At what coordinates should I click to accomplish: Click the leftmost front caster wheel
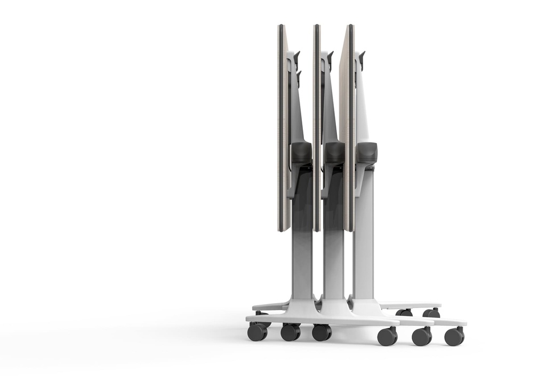[257, 332]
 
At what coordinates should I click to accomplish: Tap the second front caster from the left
[290, 332]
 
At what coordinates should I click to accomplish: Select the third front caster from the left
[322, 332]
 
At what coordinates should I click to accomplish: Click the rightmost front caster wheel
[454, 336]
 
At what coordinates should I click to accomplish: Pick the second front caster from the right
[421, 336]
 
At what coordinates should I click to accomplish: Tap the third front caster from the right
[387, 336]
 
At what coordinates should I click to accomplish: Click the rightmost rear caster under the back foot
[432, 313]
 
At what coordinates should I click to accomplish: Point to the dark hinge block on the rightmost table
[367, 153]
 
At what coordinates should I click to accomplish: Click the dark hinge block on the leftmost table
[301, 153]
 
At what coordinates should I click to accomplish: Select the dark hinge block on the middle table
[334, 153]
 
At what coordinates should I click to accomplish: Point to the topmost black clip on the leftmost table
[296, 58]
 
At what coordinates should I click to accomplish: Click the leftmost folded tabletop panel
[283, 128]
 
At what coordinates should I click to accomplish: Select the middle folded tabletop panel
[317, 128]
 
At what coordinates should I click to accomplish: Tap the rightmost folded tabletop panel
[347, 128]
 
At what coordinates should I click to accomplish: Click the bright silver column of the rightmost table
[364, 240]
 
